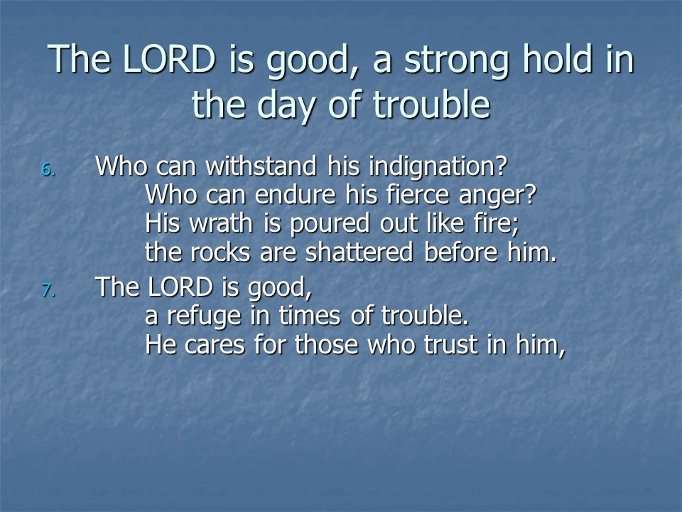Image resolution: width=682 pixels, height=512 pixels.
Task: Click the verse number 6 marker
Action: (x=48, y=169)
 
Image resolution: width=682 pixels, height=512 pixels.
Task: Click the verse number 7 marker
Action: (x=48, y=290)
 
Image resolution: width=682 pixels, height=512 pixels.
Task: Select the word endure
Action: (x=295, y=195)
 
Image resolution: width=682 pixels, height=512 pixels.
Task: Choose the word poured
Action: (x=330, y=225)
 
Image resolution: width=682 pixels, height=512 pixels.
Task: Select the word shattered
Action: (x=359, y=252)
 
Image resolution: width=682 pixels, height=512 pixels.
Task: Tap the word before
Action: (x=460, y=252)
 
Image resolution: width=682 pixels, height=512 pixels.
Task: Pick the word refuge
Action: (x=204, y=317)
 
